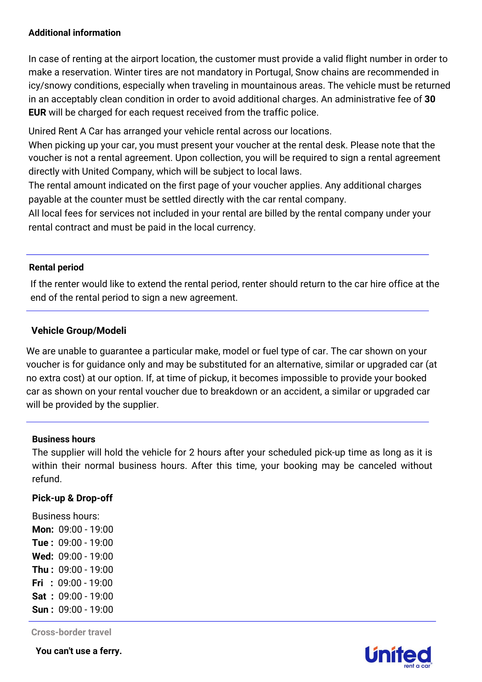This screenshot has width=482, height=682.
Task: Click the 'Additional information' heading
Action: pos(74,33)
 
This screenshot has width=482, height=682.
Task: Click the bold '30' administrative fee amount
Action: pos(430,99)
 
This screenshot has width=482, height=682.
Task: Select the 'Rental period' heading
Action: pos(56,267)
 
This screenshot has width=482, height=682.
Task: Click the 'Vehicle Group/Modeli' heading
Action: pos(79,331)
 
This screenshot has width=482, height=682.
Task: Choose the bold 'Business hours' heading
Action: pos(63,439)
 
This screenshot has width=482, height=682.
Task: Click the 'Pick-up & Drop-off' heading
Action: pos(72,498)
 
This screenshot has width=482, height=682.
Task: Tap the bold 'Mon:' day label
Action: pos(43,530)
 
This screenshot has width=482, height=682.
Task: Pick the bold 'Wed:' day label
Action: pos(43,557)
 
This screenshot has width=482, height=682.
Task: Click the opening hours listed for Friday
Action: pos(85,583)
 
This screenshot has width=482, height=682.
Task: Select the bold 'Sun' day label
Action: pos(40,610)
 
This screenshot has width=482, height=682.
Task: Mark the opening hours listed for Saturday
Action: pos(86,596)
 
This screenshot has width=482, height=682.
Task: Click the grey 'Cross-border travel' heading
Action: pos(71,632)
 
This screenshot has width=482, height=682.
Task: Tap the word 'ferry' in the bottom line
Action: pos(110,651)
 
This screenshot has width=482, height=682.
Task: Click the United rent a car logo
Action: pos(398,656)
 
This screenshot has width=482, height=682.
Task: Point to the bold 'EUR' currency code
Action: pos(37,113)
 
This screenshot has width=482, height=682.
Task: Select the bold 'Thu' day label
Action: pos(40,570)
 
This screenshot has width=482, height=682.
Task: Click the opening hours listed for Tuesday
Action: pos(86,543)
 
